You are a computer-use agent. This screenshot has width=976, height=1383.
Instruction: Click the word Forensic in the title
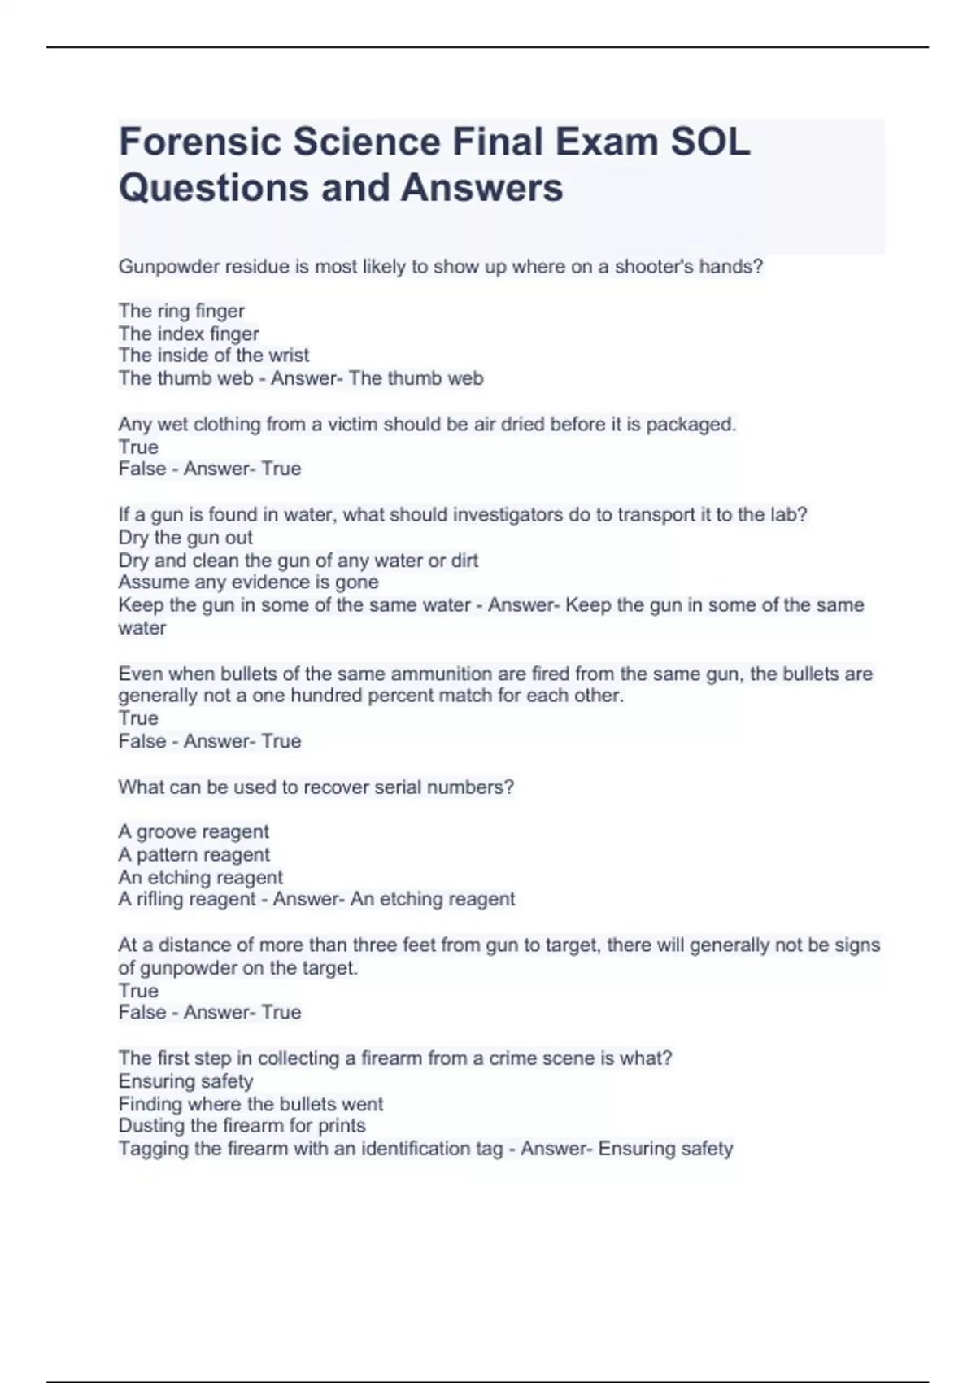(x=199, y=142)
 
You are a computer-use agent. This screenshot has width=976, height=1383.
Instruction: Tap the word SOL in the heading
(x=710, y=142)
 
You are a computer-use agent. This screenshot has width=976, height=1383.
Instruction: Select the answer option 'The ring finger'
(x=181, y=311)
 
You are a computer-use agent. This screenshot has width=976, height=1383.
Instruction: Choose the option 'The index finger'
(x=189, y=334)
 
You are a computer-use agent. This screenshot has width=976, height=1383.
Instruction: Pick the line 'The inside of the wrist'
(x=214, y=356)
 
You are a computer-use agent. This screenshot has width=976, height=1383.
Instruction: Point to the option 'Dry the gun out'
(x=185, y=538)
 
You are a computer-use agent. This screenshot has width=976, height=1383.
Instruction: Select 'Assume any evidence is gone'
(x=248, y=582)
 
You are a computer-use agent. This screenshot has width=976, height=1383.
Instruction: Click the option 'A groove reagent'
(x=194, y=832)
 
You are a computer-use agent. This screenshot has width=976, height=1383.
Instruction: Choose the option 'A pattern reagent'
(x=194, y=855)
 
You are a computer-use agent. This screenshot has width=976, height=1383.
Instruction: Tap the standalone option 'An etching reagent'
(x=201, y=878)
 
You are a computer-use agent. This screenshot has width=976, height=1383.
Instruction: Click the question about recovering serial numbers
(x=316, y=787)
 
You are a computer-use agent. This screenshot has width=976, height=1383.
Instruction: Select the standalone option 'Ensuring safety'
(x=185, y=1081)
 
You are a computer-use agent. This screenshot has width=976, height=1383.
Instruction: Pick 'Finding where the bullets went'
(x=251, y=1104)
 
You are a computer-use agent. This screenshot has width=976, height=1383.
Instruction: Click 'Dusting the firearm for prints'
(x=242, y=1126)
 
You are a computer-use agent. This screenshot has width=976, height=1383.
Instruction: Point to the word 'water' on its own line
(x=142, y=628)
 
